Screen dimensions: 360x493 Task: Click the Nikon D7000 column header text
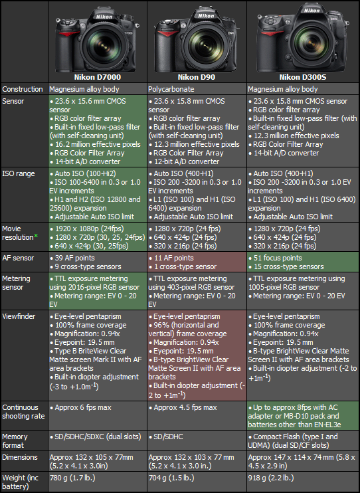click(x=98, y=77)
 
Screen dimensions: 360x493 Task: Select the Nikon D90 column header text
click(x=197, y=77)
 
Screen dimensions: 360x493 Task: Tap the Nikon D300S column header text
click(x=303, y=77)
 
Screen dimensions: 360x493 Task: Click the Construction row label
click(x=23, y=89)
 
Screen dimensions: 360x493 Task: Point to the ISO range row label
click(x=18, y=173)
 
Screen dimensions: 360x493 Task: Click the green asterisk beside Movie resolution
click(x=36, y=236)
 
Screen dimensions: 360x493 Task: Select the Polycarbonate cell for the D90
click(x=171, y=89)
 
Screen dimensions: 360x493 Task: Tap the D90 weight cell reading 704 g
click(x=171, y=478)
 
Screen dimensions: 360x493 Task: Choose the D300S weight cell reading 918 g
click(x=271, y=478)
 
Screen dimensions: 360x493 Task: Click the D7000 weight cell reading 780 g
click(x=72, y=478)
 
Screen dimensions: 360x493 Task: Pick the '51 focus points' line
click(x=275, y=258)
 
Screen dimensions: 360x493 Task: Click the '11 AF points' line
click(x=171, y=258)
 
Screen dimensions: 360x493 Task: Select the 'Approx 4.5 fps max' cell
click(x=183, y=407)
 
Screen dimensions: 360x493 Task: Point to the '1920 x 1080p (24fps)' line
click(x=87, y=229)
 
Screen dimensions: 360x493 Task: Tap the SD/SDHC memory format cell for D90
click(x=166, y=437)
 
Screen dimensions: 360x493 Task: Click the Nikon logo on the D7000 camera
click(x=104, y=17)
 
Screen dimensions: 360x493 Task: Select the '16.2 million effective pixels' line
click(x=95, y=144)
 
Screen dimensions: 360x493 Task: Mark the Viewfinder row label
click(x=19, y=317)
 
